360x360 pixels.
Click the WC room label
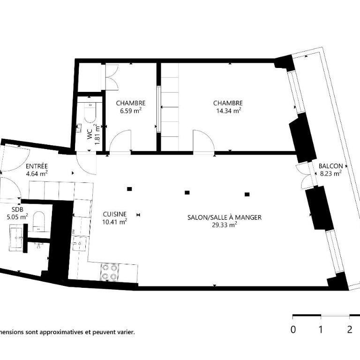point(90,135)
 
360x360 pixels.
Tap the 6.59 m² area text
point(131,111)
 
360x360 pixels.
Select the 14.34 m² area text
point(228,111)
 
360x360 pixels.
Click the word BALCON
point(330,166)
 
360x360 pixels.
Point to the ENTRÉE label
point(37,166)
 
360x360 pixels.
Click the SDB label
point(17,209)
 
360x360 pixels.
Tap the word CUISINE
point(114,214)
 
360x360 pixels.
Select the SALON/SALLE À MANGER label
point(225,217)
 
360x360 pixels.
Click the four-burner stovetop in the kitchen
point(110,272)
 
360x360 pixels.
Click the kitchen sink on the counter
point(80,243)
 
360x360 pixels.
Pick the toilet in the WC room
point(90,112)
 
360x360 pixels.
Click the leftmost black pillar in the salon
point(129,189)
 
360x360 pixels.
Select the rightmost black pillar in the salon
point(247,195)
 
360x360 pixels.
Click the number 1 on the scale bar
point(321,330)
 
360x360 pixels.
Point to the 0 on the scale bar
point(293,330)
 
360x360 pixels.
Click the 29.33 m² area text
point(225,225)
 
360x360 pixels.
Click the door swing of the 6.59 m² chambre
point(120,141)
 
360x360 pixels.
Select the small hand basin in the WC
point(79,128)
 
